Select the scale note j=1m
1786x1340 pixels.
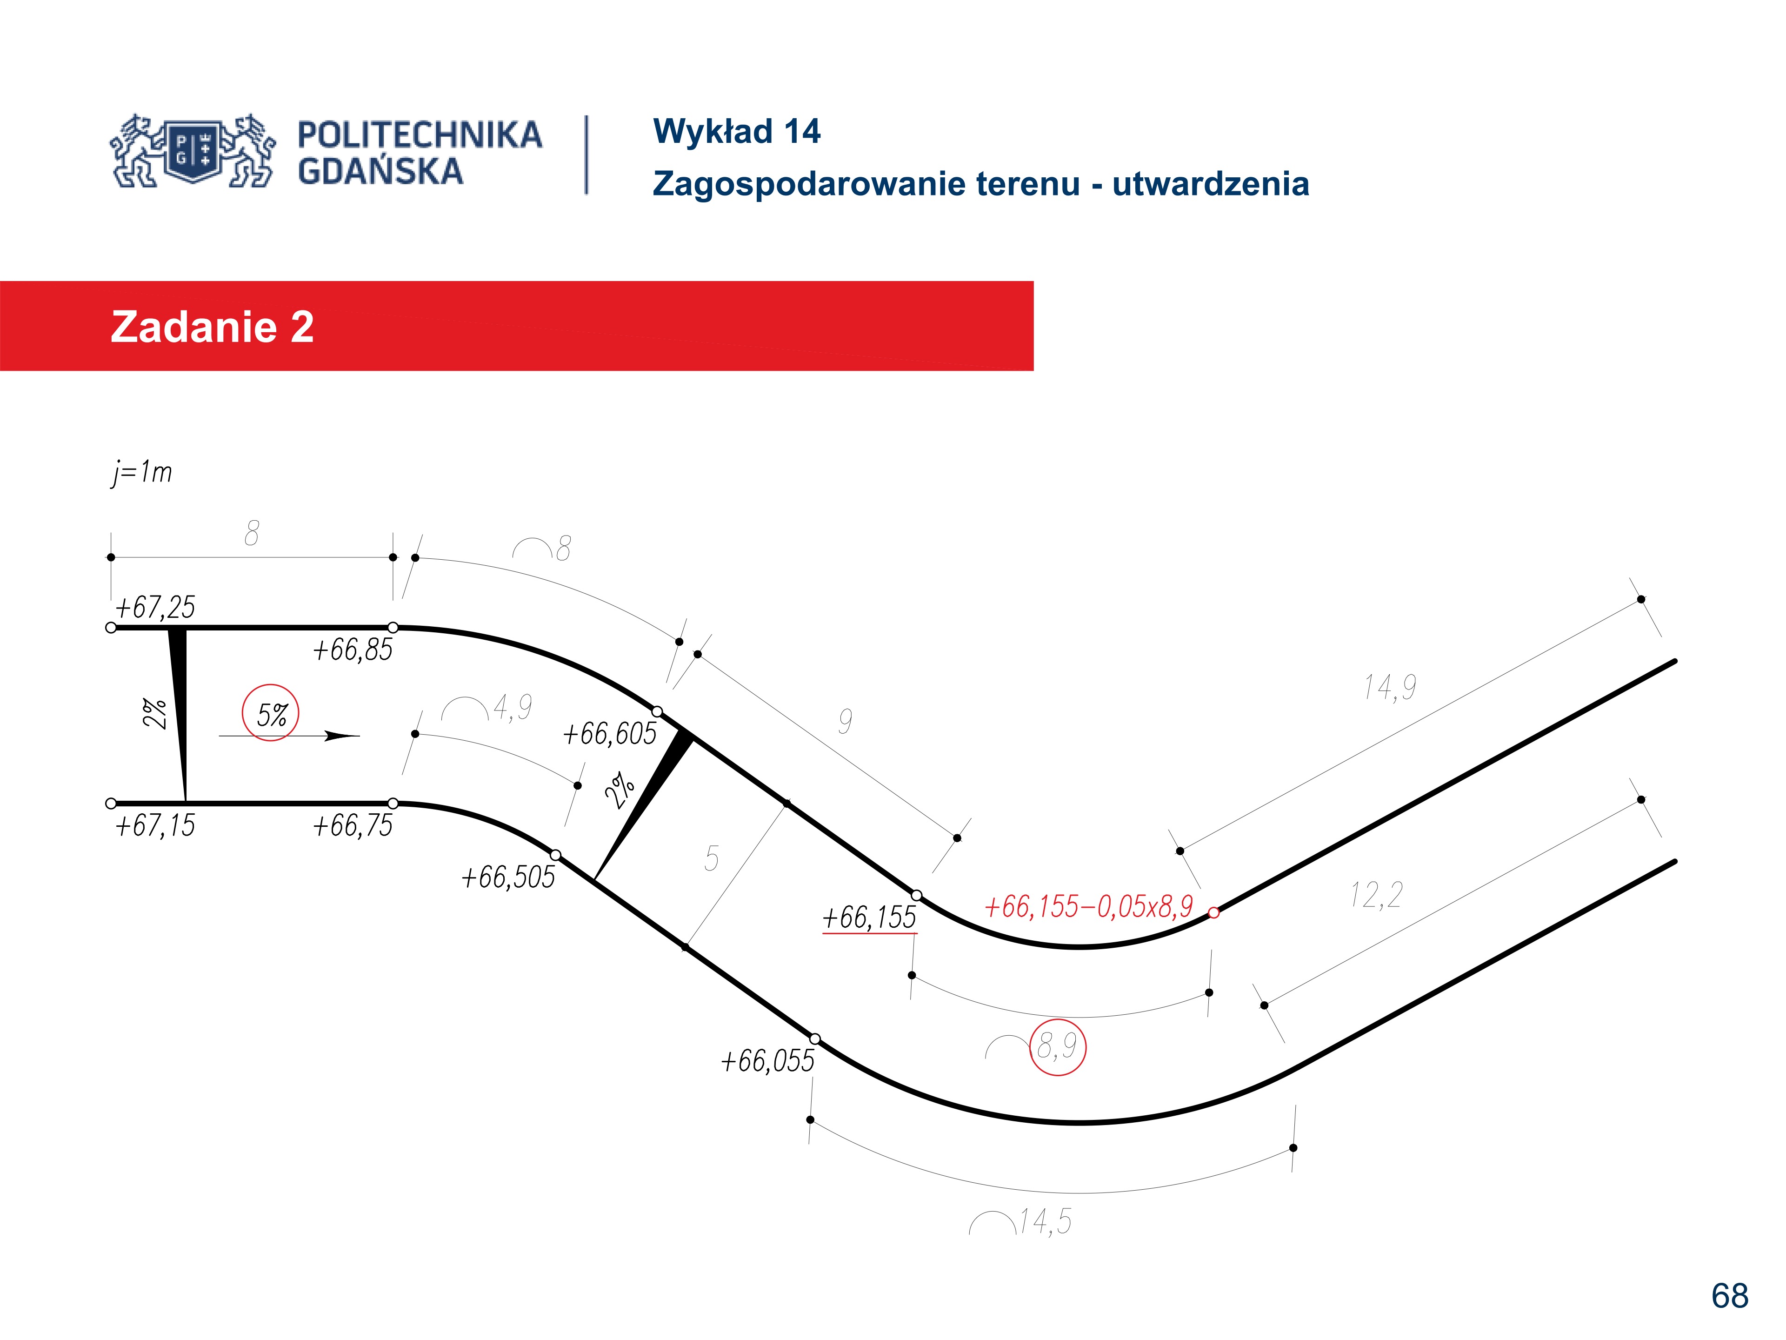pos(142,472)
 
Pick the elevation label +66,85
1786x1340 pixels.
pos(353,650)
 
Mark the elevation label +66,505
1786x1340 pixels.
pos(509,877)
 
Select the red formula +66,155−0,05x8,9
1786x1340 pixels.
pos(1088,907)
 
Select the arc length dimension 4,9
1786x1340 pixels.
pos(513,708)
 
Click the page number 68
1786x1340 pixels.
pos(1729,1296)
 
